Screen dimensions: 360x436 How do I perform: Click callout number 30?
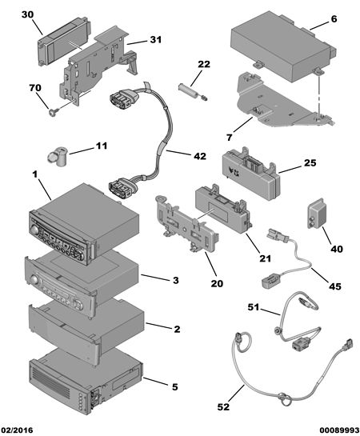point(27,14)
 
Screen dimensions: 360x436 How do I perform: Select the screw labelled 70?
point(52,112)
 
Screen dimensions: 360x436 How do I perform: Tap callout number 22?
point(204,64)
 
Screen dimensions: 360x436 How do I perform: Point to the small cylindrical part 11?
point(58,157)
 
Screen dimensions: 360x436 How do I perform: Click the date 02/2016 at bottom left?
point(17,430)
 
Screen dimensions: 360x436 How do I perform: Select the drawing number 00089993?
point(339,430)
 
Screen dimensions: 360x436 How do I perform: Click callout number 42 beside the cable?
point(200,156)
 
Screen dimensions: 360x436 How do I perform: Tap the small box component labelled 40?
point(318,214)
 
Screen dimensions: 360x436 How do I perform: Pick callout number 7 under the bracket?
point(230,138)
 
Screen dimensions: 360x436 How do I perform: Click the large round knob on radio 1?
point(34,230)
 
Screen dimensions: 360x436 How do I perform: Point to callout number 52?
point(223,407)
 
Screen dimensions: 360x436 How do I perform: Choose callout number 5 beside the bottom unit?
point(174,386)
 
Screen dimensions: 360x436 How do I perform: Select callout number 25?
point(310,162)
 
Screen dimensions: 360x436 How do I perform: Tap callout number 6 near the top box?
point(334,19)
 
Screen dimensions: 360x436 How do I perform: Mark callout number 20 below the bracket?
point(217,283)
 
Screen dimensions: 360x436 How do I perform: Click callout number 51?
point(254,307)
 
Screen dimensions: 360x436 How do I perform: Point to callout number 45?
point(334,286)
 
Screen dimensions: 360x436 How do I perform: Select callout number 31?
point(156,40)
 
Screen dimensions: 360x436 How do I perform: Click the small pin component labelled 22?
point(192,91)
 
